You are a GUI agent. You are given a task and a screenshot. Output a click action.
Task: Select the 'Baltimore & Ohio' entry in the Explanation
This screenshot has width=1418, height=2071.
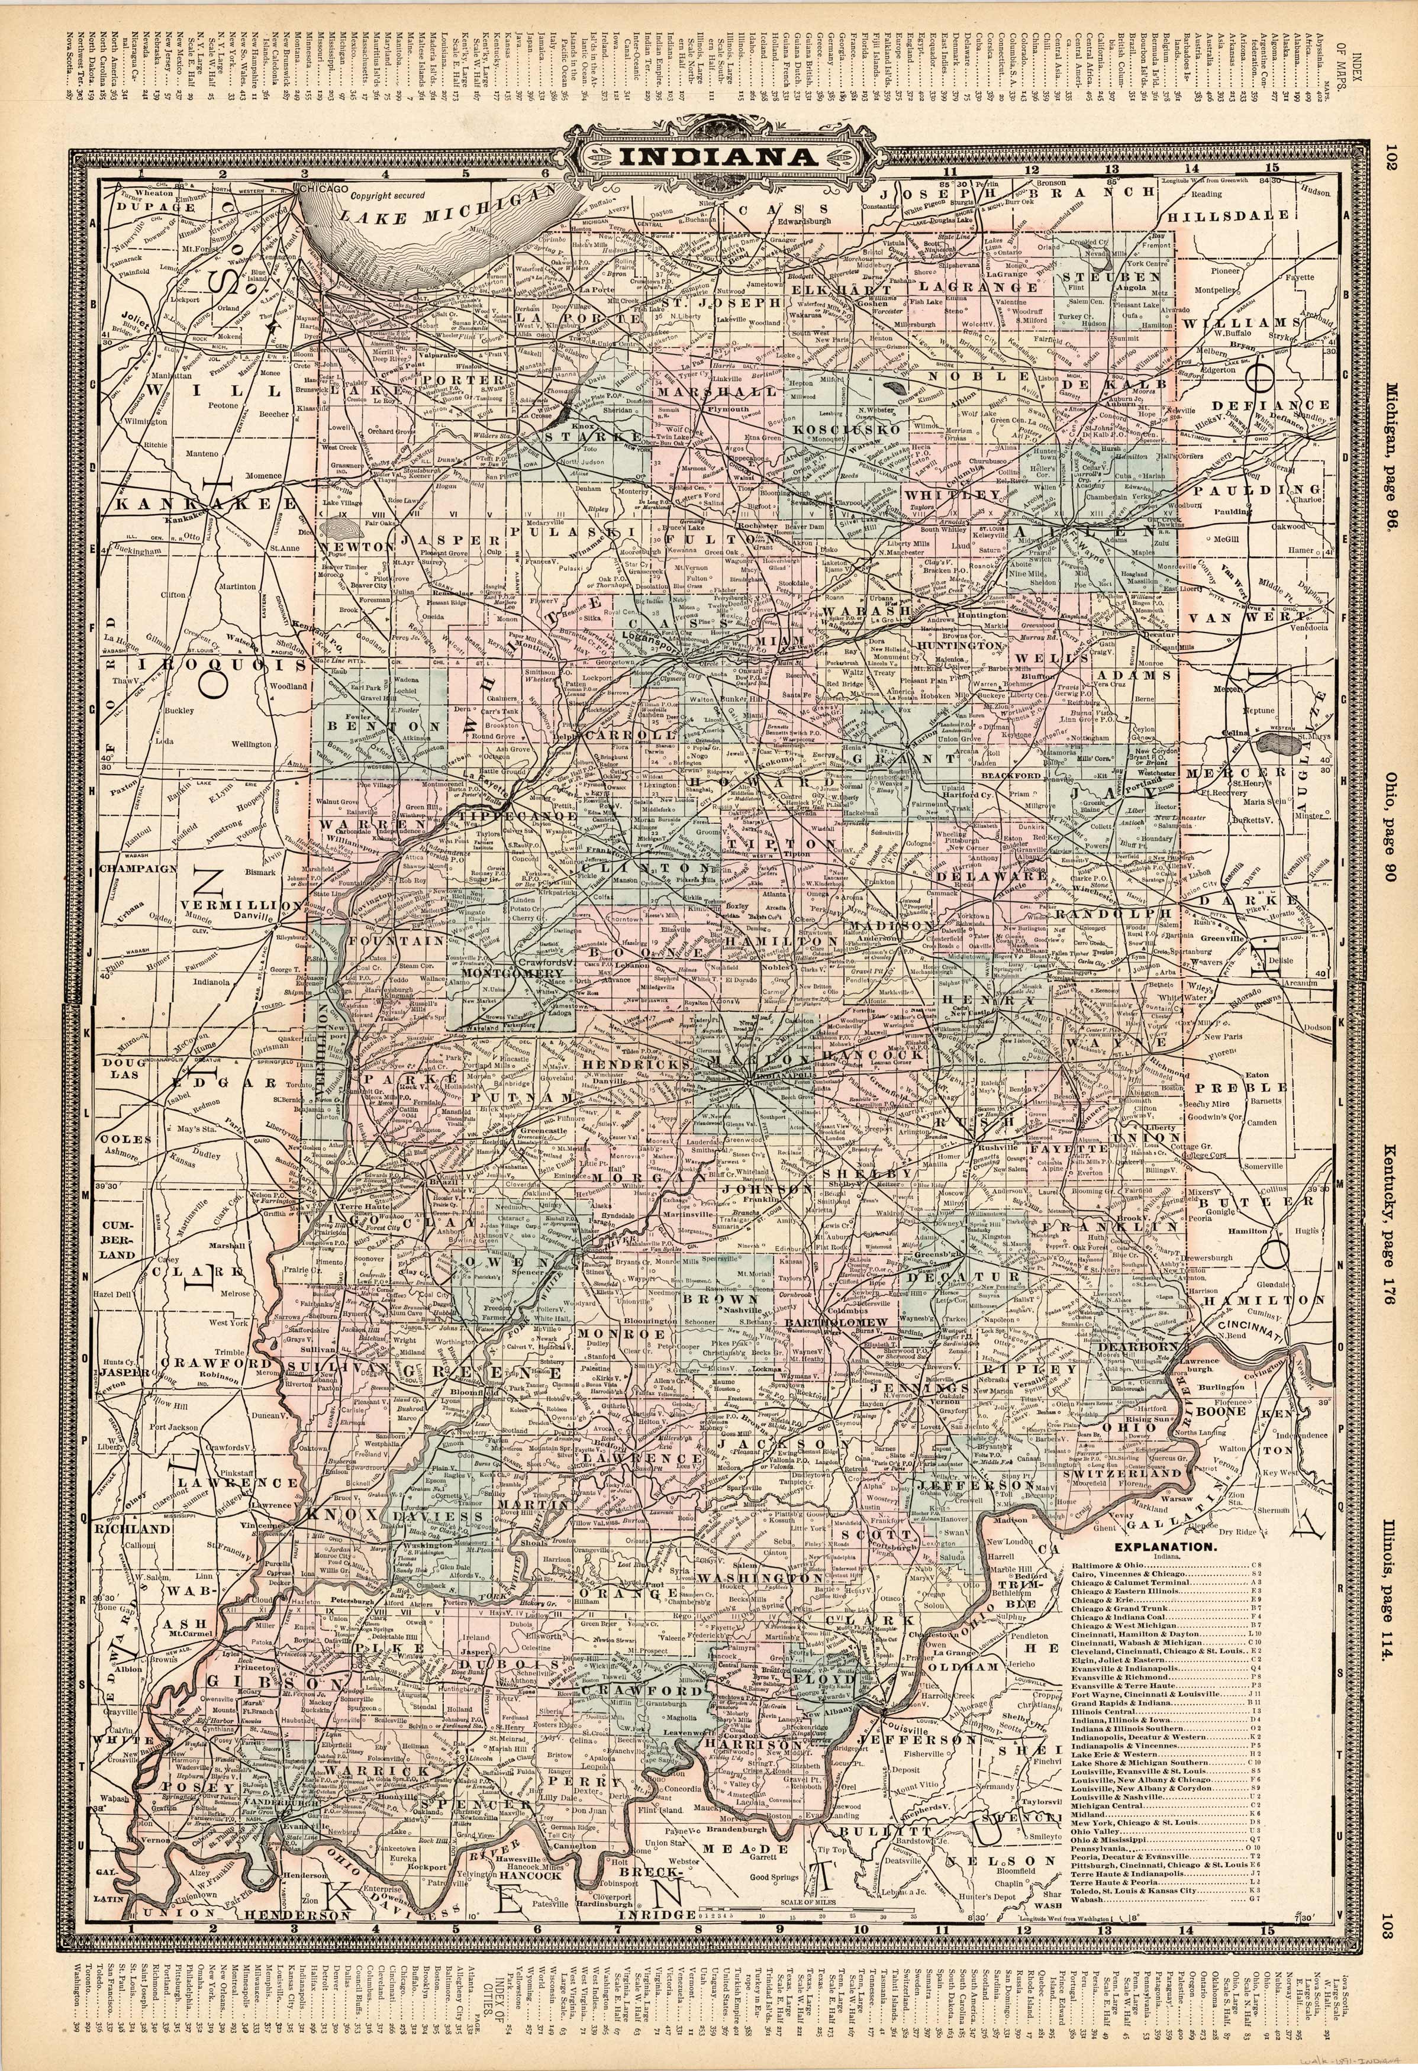(1110, 1565)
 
